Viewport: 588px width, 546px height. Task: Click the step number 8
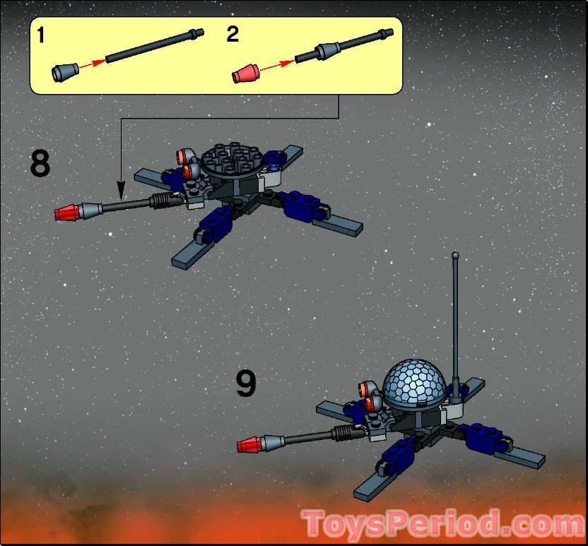pyautogui.click(x=40, y=163)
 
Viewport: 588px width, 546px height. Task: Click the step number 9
pyautogui.click(x=246, y=383)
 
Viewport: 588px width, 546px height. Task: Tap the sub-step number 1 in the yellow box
pyautogui.click(x=40, y=35)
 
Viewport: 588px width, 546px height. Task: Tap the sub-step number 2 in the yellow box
pyautogui.click(x=233, y=34)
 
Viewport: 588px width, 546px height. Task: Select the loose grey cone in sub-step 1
pyautogui.click(x=65, y=71)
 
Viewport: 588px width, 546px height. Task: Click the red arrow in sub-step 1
pyautogui.click(x=93, y=63)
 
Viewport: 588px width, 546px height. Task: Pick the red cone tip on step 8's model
pyautogui.click(x=67, y=213)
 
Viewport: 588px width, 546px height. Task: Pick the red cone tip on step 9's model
pyautogui.click(x=250, y=445)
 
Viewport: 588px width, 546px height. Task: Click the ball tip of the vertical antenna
pyautogui.click(x=455, y=255)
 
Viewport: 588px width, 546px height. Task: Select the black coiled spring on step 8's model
pyautogui.click(x=161, y=201)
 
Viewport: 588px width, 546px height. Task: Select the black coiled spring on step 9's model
pyautogui.click(x=343, y=432)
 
